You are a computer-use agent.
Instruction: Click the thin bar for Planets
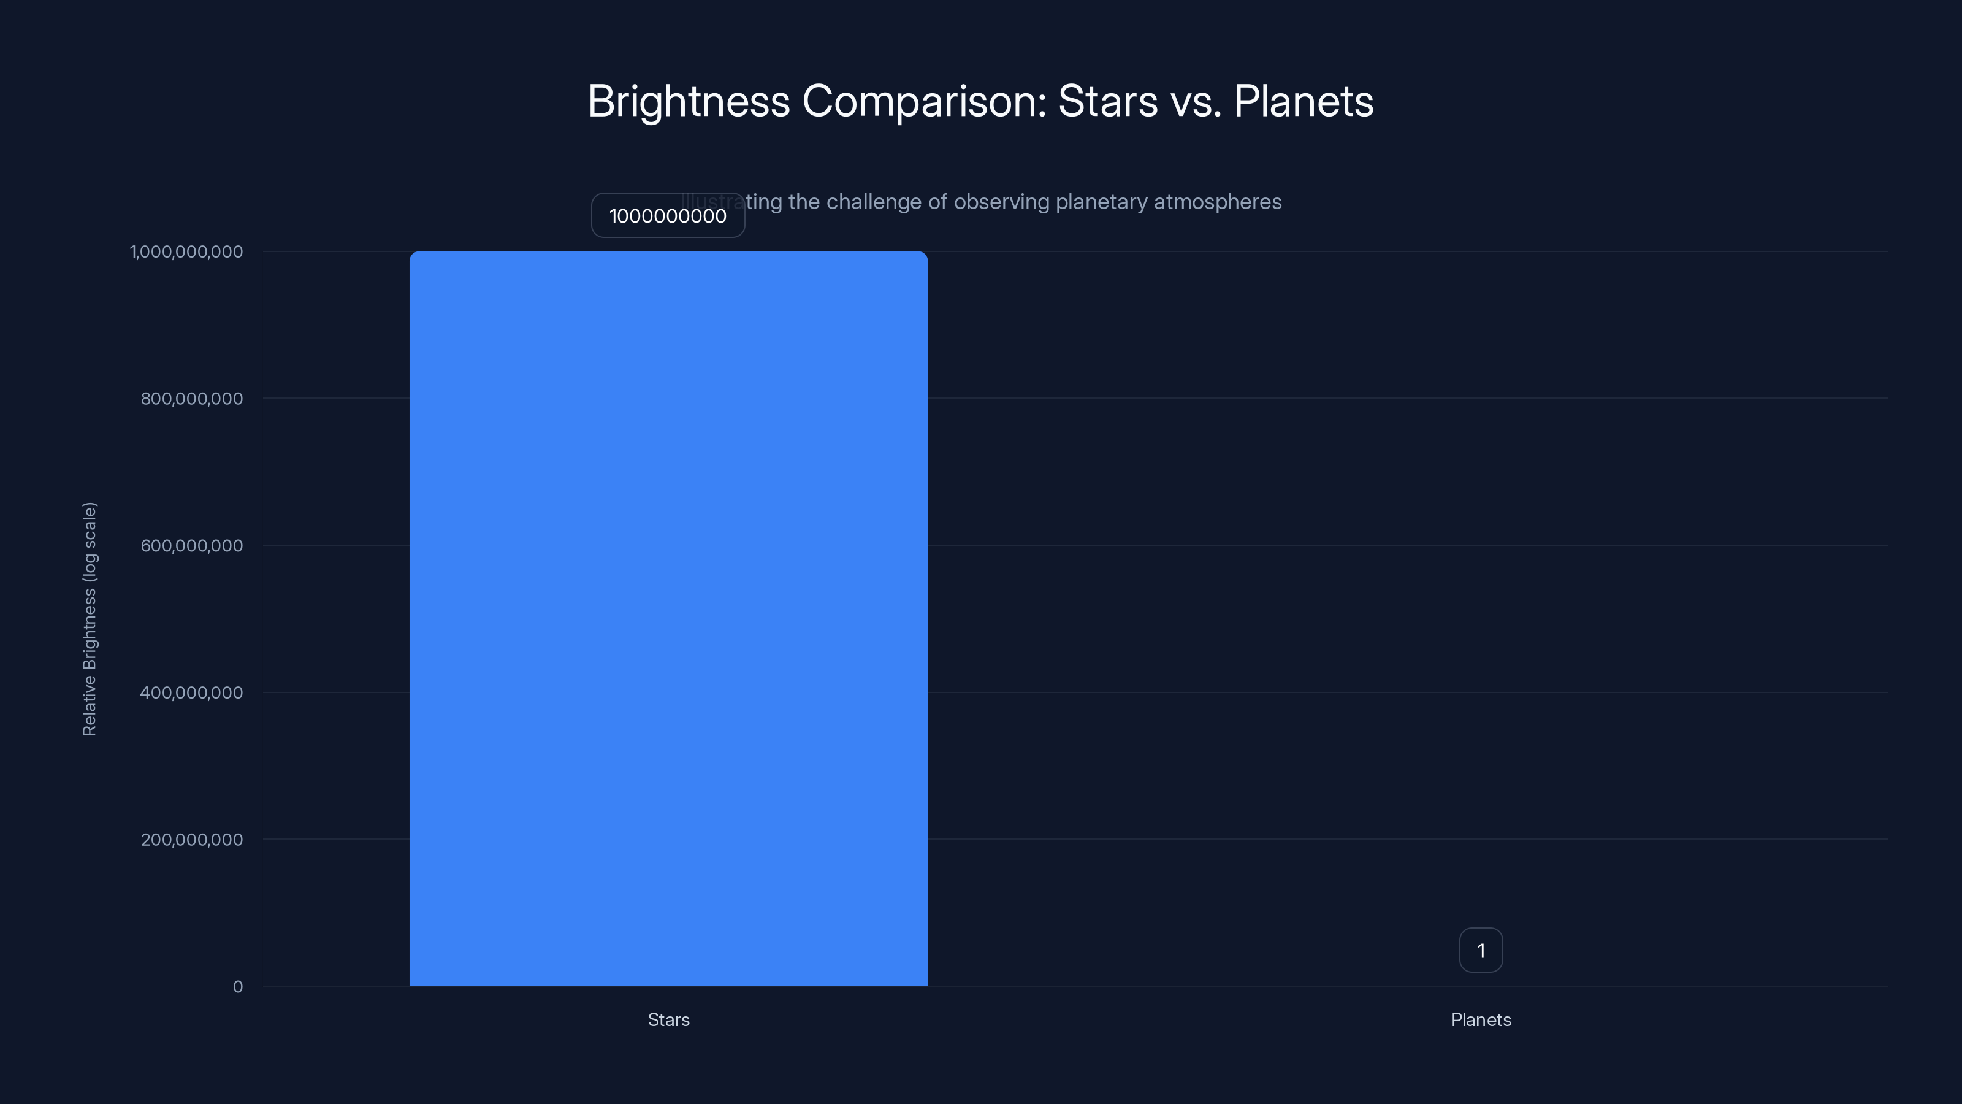[x=1481, y=985]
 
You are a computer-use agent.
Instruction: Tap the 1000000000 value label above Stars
[x=668, y=216]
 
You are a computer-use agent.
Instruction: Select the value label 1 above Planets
[x=1481, y=950]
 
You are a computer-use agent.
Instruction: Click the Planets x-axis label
[x=1481, y=1019]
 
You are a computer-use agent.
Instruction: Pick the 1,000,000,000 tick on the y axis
[x=186, y=251]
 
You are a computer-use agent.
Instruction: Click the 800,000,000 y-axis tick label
[x=192, y=399]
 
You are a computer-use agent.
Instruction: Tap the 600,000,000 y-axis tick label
[x=192, y=545]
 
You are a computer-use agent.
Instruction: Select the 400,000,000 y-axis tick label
[x=192, y=692]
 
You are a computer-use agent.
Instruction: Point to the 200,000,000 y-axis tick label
[x=192, y=840]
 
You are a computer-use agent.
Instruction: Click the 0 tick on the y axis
[x=238, y=987]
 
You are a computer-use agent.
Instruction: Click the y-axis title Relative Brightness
[x=90, y=619]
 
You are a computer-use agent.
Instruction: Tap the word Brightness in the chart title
[x=689, y=101]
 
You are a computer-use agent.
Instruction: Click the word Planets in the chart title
[x=1303, y=101]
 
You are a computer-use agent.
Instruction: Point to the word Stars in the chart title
[x=1107, y=101]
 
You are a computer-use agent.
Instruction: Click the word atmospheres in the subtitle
[x=1217, y=202]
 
